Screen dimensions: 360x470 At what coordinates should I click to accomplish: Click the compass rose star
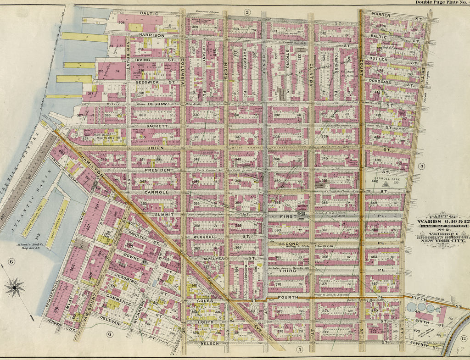click(x=15, y=288)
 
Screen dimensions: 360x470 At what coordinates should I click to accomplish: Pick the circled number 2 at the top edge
click(x=247, y=12)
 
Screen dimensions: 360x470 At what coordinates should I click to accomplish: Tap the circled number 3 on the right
click(x=422, y=166)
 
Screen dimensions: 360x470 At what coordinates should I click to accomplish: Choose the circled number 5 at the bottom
click(x=299, y=349)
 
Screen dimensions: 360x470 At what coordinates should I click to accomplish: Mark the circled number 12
click(x=464, y=338)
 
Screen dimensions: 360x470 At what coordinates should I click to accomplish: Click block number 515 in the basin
click(x=31, y=234)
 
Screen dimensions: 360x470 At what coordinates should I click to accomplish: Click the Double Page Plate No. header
click(x=441, y=2)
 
